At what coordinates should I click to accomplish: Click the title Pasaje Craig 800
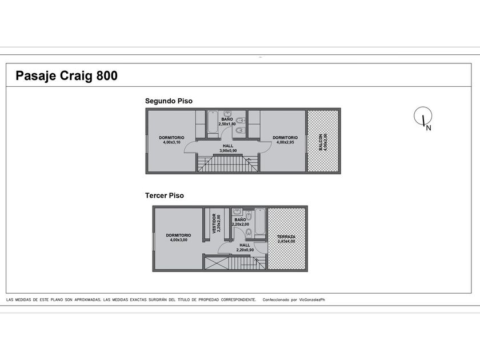[x=66, y=76]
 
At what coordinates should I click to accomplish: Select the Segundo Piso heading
[x=169, y=101]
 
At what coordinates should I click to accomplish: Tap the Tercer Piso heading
[x=165, y=195]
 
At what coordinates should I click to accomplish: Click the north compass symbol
[x=423, y=117]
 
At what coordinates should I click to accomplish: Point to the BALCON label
[x=321, y=142]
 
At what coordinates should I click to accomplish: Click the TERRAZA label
[x=286, y=237]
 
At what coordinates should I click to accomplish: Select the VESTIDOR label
[x=214, y=223]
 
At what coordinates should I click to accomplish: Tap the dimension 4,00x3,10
[x=172, y=142]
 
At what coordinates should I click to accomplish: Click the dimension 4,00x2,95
[x=285, y=142]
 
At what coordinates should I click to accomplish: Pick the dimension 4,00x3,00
[x=179, y=240]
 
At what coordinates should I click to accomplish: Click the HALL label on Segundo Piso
[x=228, y=146]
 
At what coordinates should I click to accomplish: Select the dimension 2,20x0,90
[x=245, y=250]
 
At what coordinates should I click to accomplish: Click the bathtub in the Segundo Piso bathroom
[x=212, y=122]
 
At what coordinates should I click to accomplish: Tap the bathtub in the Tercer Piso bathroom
[x=260, y=222]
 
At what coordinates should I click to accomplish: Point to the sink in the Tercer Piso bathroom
[x=237, y=211]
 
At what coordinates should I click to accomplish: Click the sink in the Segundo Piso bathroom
[x=227, y=114]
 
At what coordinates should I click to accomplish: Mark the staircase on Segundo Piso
[x=227, y=163]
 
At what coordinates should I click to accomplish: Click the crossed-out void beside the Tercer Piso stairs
[x=217, y=263]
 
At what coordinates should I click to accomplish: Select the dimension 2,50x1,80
[x=227, y=124]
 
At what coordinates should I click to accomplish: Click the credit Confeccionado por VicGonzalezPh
[x=294, y=300]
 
